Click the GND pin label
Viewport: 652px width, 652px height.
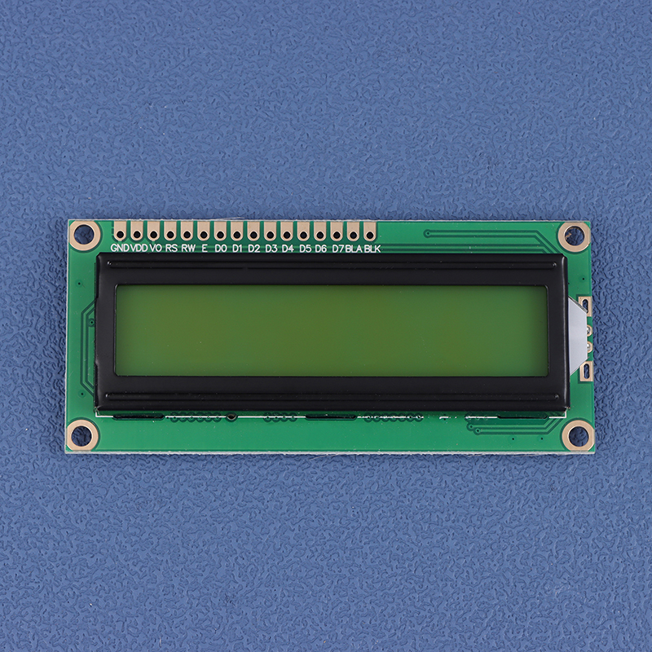click(120, 249)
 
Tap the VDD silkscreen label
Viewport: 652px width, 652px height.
click(139, 249)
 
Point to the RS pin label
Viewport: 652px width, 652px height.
click(171, 249)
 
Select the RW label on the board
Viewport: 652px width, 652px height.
click(188, 249)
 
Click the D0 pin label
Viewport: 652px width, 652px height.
click(221, 249)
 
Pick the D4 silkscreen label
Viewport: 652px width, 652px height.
click(288, 249)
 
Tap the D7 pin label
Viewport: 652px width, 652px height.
click(337, 249)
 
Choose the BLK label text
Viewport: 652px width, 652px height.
click(372, 249)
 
